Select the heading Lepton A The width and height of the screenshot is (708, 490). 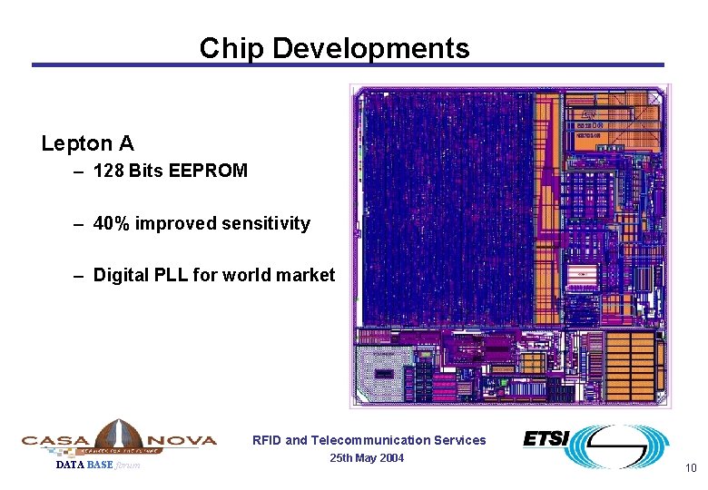[87, 143]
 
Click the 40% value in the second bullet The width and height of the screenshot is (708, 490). [112, 223]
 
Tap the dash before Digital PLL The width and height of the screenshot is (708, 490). [80, 275]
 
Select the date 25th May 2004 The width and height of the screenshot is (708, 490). [367, 457]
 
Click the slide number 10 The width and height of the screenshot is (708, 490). [690, 468]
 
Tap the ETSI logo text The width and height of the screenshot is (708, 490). [546, 439]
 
